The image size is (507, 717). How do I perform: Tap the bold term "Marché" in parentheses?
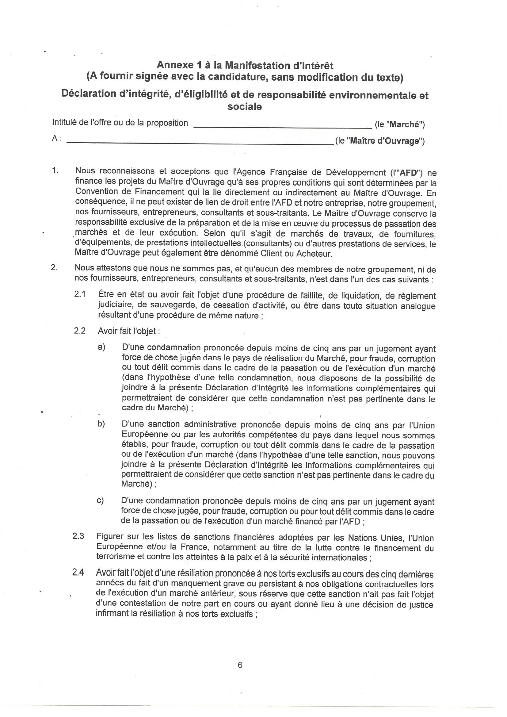point(406,125)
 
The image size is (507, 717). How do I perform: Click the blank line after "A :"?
point(200,143)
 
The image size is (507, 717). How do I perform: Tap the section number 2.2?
point(80,331)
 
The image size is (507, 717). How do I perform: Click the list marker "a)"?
point(101,347)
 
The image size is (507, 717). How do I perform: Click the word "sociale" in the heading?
point(244,107)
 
